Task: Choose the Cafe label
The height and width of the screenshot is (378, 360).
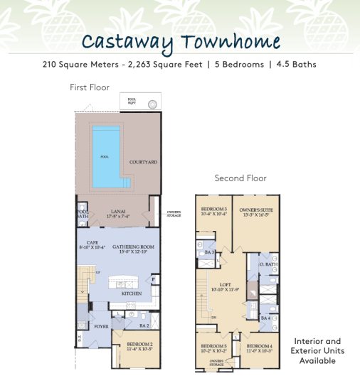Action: (x=90, y=245)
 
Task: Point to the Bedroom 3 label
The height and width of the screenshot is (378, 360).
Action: (x=213, y=211)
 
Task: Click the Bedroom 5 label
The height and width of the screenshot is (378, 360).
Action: (x=213, y=348)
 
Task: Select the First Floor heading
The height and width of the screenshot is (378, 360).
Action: (x=90, y=87)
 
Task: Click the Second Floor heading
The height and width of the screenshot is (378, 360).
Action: (x=240, y=178)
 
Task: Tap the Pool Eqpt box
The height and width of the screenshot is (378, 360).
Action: (x=141, y=104)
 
